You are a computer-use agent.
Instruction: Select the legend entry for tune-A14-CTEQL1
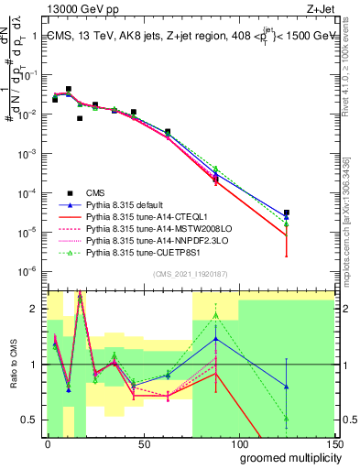tap(137, 217)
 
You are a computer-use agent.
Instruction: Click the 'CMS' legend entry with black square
tap(96, 193)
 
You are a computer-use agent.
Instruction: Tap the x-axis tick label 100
tap(238, 444)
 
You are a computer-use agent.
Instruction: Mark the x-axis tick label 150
tap(333, 444)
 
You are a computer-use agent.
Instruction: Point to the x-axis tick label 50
tap(143, 444)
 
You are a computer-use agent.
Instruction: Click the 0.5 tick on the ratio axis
tap(32, 420)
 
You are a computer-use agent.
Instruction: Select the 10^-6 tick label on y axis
tap(29, 270)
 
